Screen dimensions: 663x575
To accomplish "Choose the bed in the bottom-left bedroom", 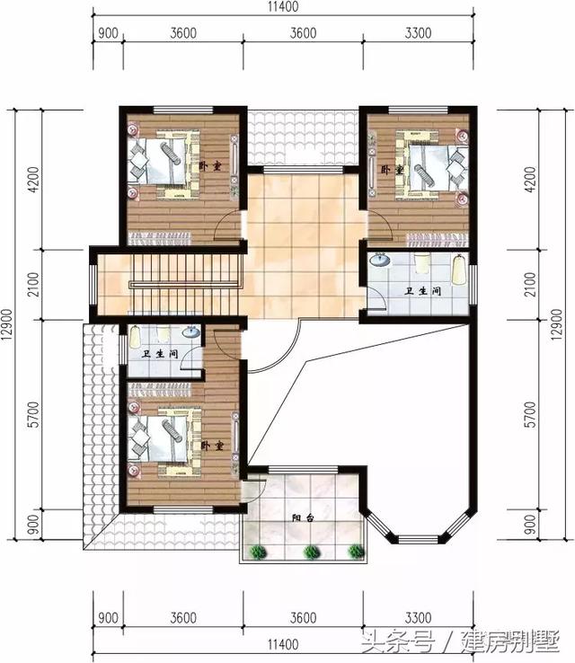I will click(x=167, y=438).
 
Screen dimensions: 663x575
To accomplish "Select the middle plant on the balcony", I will click(x=312, y=552).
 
